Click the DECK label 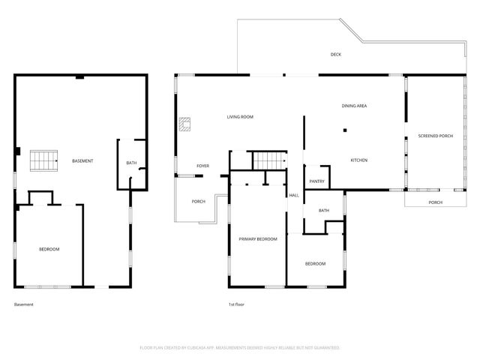pos(337,54)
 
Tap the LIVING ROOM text pos(241,117)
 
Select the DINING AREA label pos(354,106)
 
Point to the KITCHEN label pos(359,160)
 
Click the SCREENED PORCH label pos(435,136)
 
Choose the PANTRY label pos(316,181)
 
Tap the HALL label pos(294,195)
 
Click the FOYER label pos(203,166)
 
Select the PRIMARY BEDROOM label pos(258,238)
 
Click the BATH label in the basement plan pos(131,163)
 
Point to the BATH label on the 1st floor pos(324,211)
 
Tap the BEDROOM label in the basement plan pos(49,249)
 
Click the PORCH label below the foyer pos(199,201)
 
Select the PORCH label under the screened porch pos(435,202)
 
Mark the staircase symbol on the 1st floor pos(268,160)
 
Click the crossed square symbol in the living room pos(184,125)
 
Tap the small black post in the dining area pos(345,131)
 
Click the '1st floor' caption pos(237,304)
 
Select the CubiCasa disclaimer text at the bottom pos(240,348)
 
